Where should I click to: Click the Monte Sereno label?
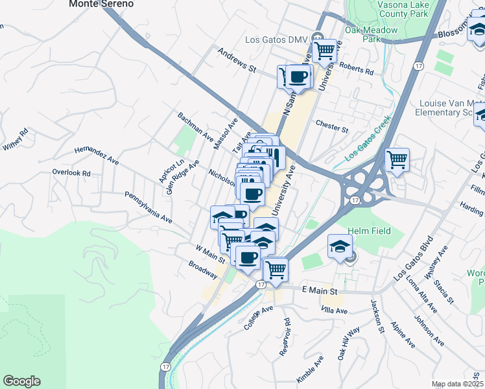click(x=101, y=4)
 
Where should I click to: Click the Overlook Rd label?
click(x=71, y=173)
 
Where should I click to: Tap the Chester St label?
click(x=332, y=124)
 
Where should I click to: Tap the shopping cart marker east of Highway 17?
click(x=397, y=159)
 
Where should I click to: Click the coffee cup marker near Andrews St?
click(x=298, y=77)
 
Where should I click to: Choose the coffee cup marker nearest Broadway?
click(x=247, y=258)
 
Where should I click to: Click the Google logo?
click(x=21, y=382)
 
